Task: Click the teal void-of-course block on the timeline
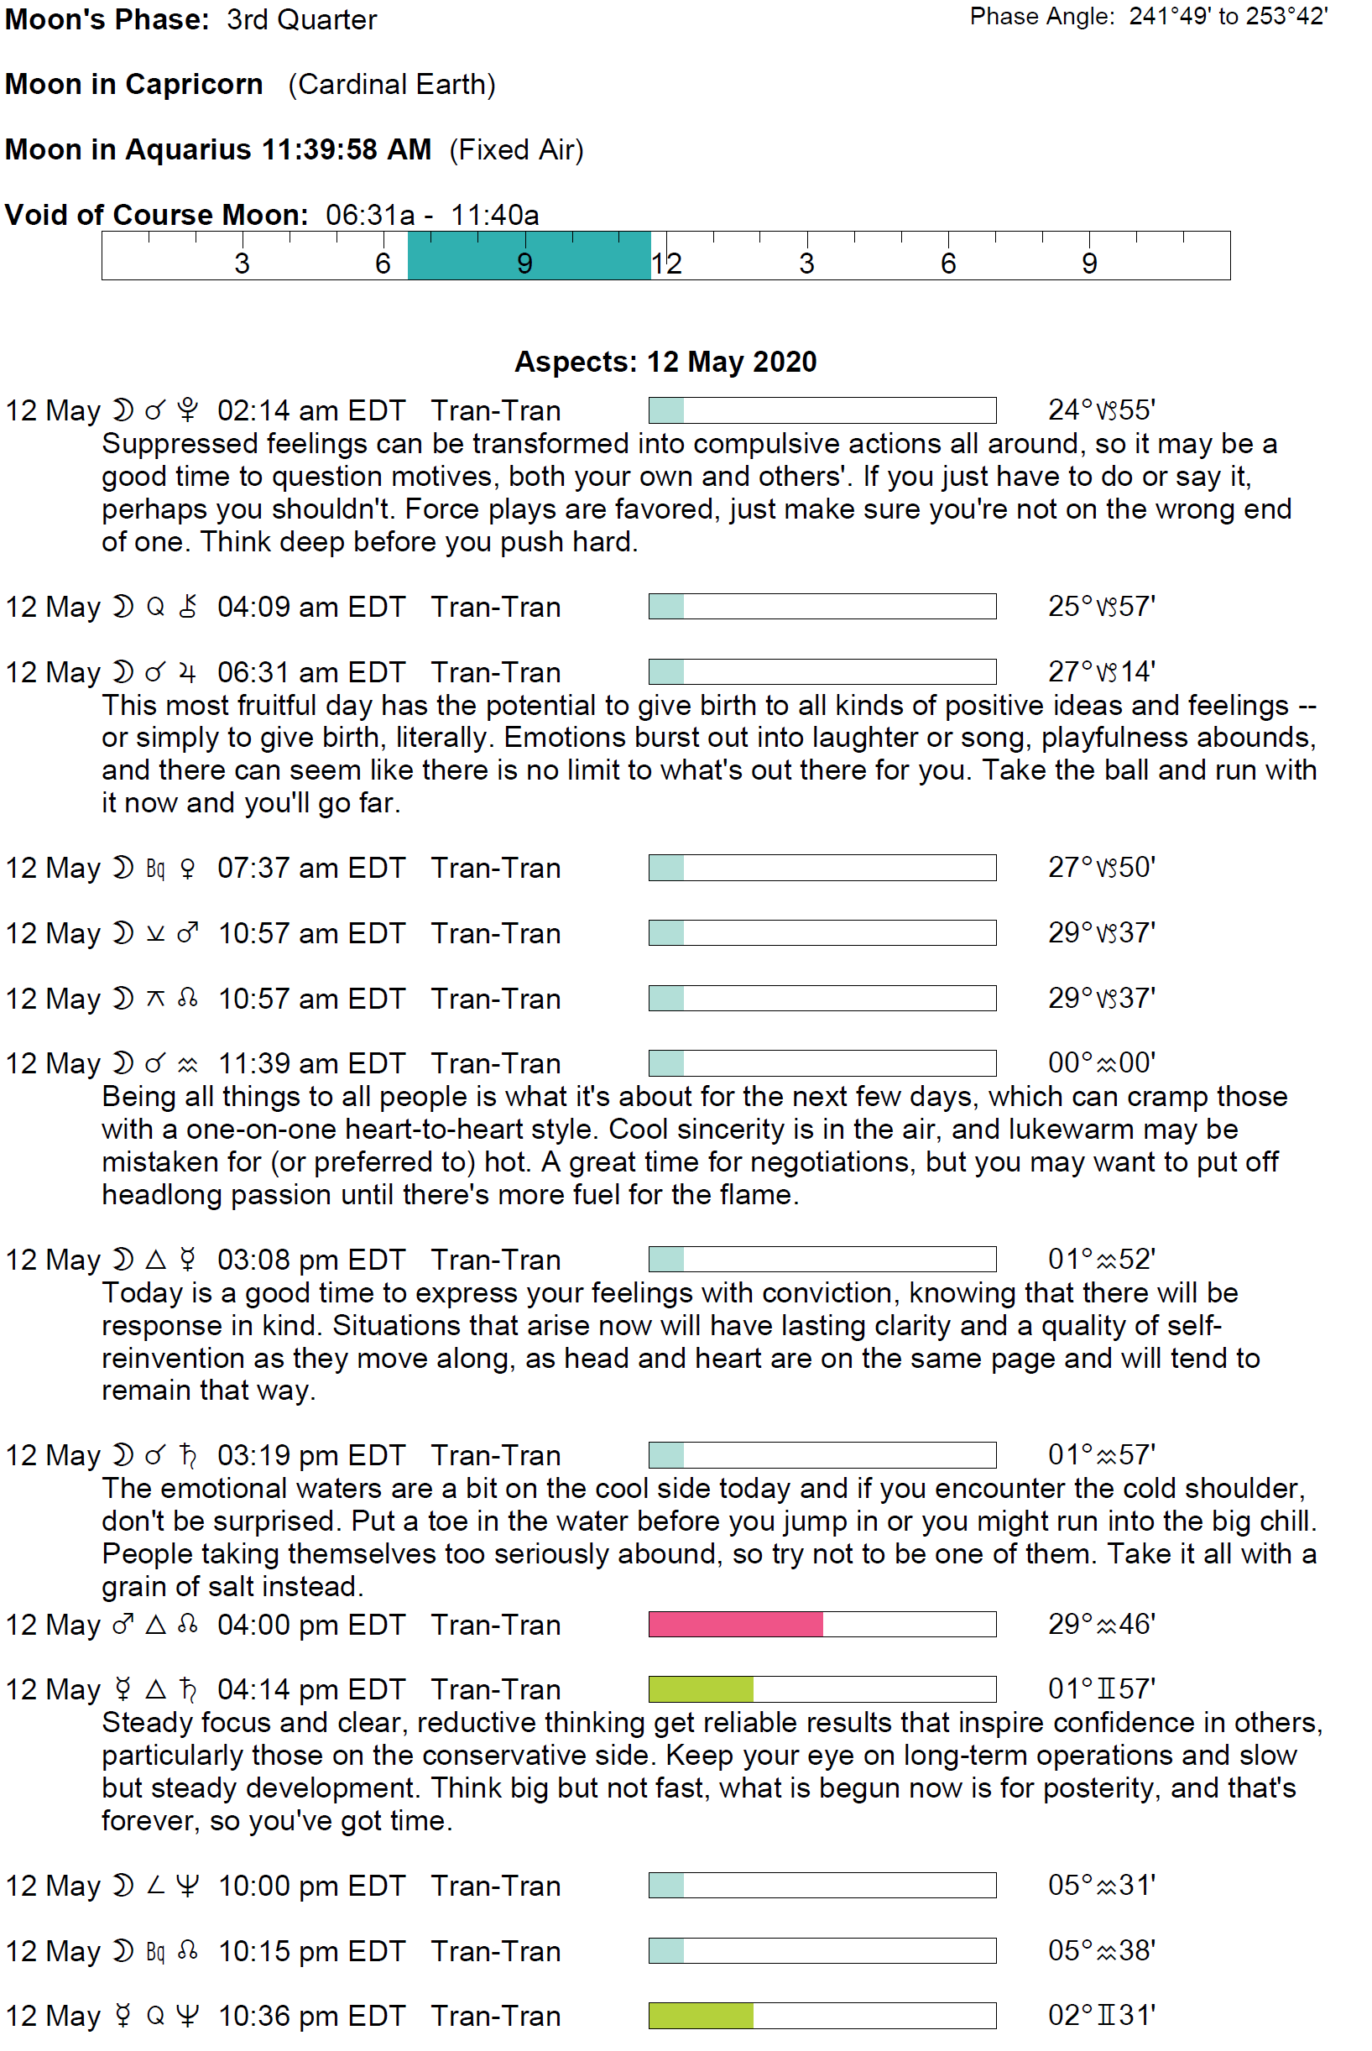click(x=529, y=255)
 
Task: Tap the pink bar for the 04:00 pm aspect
click(x=735, y=1624)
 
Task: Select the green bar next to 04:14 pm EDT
click(x=700, y=1688)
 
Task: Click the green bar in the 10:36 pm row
click(x=700, y=2015)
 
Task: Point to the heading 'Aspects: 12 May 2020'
click(x=665, y=362)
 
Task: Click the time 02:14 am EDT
click(x=310, y=410)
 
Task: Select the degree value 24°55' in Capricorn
click(x=1101, y=410)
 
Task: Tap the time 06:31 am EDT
click(x=310, y=672)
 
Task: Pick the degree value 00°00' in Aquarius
click(x=1101, y=1062)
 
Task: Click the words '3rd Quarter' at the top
click(x=301, y=19)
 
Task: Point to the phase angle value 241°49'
click(x=1169, y=17)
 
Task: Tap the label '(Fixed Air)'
click(x=516, y=149)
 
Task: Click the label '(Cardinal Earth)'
click(x=391, y=84)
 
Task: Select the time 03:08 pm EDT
click(x=310, y=1259)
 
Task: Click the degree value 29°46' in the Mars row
click(x=1101, y=1624)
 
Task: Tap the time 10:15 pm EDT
click(x=310, y=1950)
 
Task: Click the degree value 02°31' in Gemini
click(x=1101, y=2015)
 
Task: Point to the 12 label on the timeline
click(x=667, y=264)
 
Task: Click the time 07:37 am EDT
click(x=310, y=868)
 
